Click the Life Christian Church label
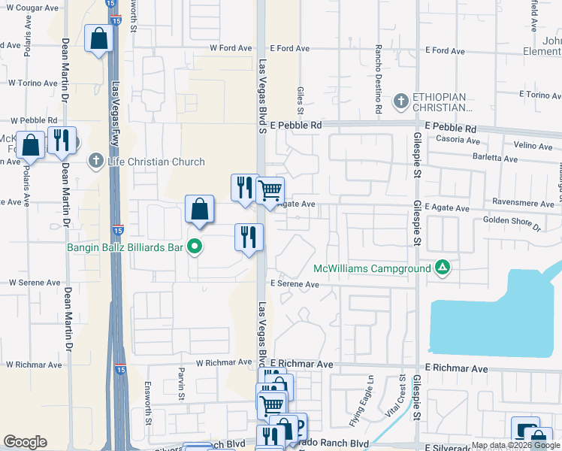click(x=156, y=162)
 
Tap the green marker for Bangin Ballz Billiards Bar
click(x=195, y=246)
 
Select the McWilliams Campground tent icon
click(x=443, y=268)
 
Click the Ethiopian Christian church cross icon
click(x=402, y=100)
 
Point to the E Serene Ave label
click(x=295, y=285)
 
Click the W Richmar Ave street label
click(x=224, y=362)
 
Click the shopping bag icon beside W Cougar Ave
click(x=98, y=38)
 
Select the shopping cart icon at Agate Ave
click(x=270, y=189)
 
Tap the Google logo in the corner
click(x=25, y=442)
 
